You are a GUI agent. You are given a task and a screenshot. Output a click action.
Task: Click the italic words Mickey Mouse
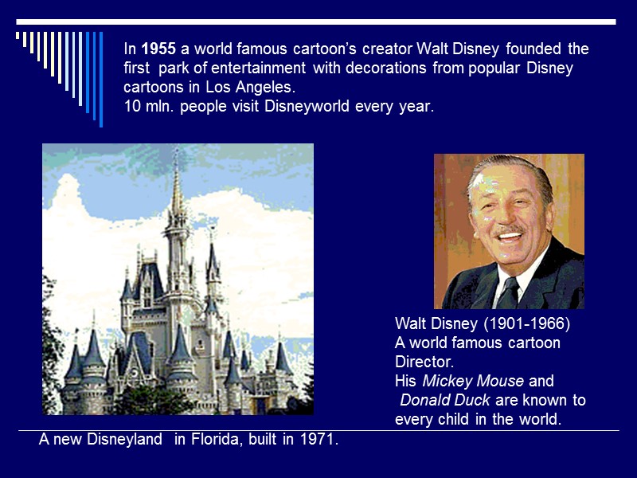473,381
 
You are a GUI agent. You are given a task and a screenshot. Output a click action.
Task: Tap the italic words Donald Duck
444,400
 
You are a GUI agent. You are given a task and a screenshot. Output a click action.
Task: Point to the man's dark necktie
507,292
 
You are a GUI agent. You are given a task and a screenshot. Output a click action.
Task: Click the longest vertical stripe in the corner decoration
100,78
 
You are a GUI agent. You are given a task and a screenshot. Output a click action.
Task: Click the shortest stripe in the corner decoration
18,36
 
